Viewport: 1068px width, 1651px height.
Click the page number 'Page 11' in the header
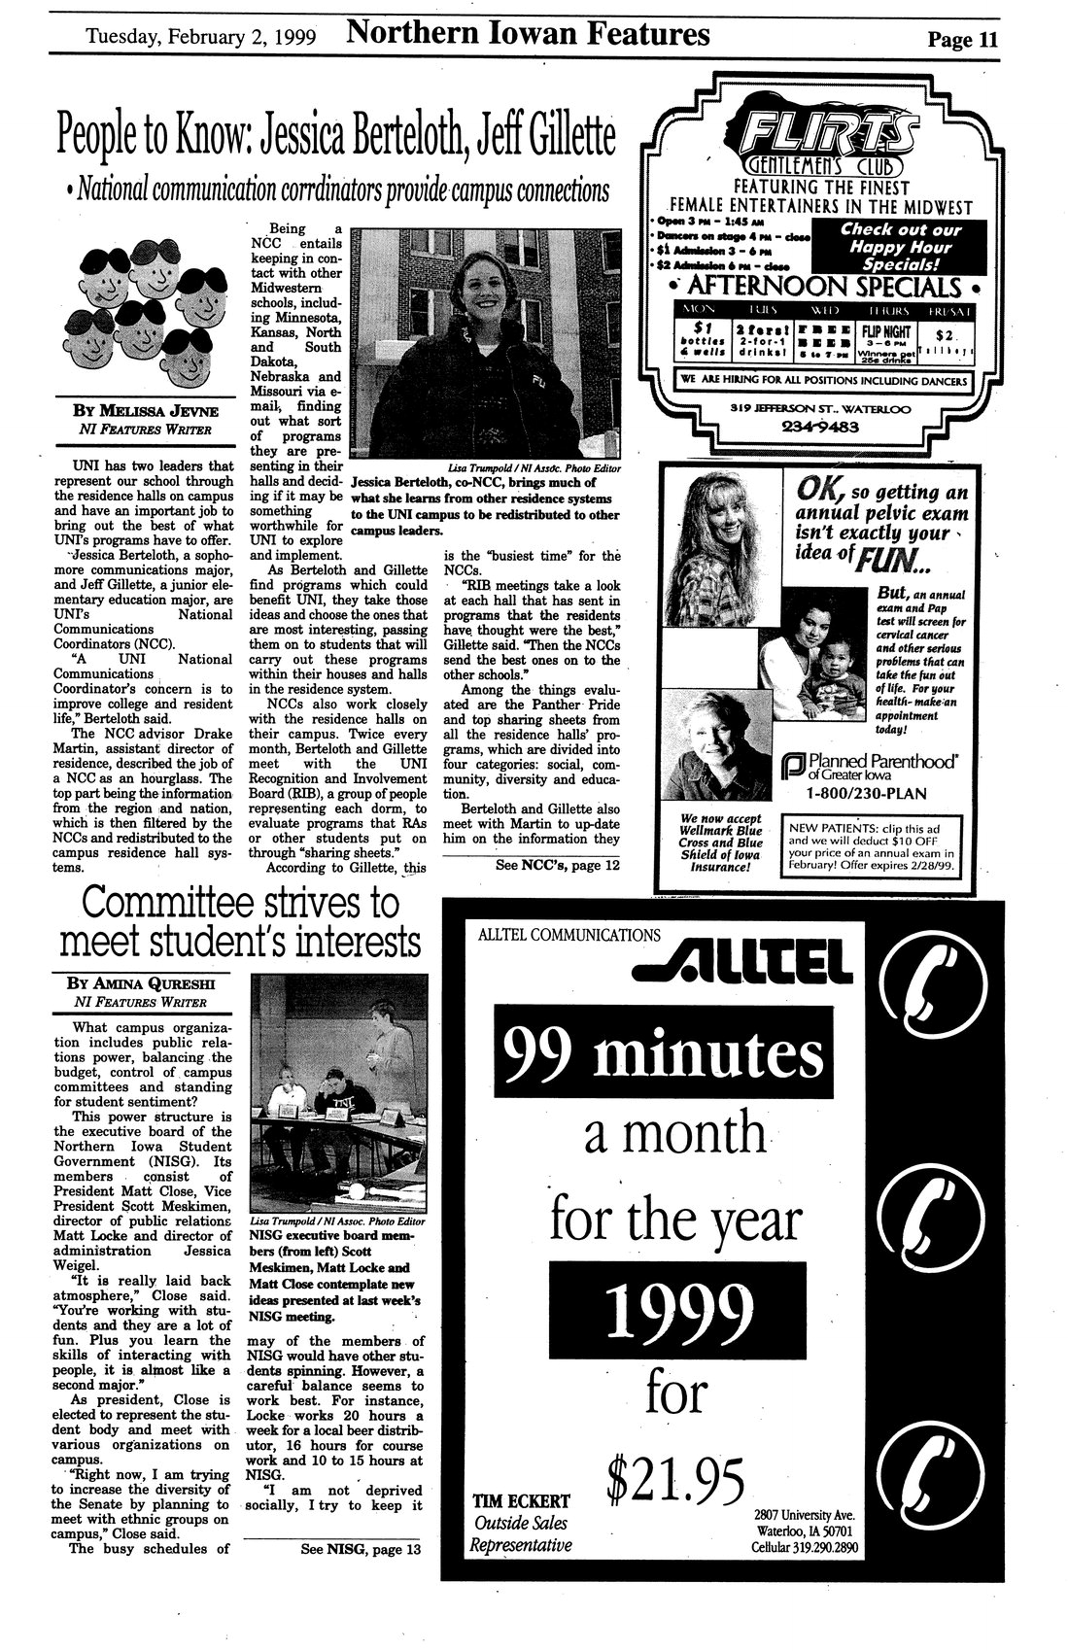[x=962, y=40]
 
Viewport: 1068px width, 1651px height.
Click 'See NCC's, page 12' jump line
[x=556, y=863]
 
